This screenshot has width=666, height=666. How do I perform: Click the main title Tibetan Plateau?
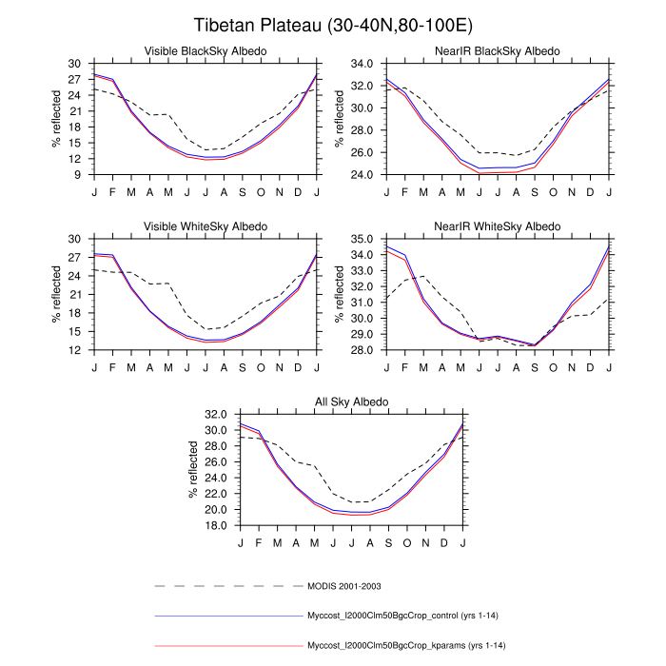click(332, 25)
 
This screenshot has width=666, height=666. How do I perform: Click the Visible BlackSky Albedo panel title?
click(205, 50)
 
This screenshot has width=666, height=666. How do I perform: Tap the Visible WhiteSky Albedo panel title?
click(205, 226)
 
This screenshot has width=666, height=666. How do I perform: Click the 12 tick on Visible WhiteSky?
click(75, 351)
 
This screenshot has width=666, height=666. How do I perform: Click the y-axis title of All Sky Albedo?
click(192, 471)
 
